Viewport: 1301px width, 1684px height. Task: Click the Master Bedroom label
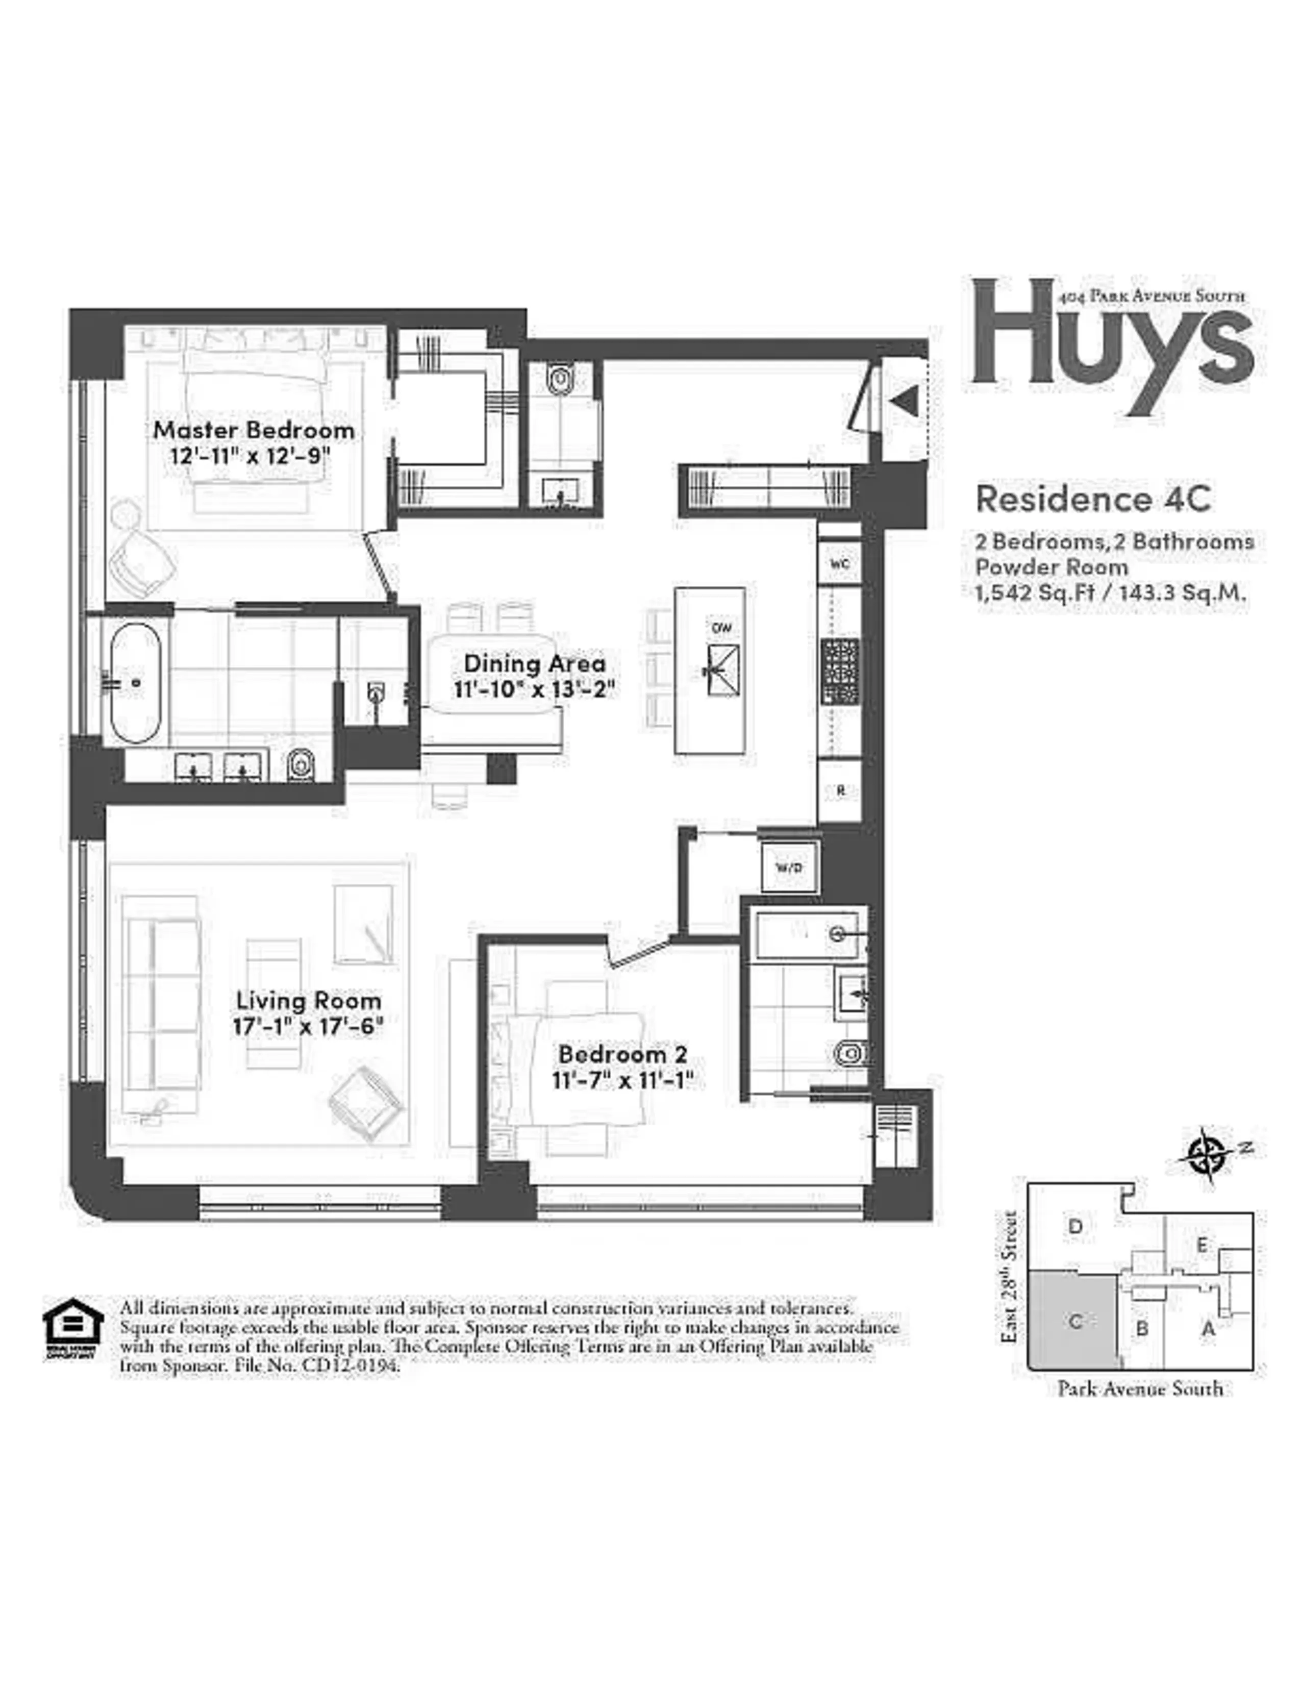254,430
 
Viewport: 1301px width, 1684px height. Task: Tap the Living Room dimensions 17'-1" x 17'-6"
308,1026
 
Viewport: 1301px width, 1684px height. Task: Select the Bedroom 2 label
623,1053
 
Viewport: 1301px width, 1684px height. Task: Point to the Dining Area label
534,663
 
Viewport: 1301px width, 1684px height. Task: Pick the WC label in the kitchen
839,564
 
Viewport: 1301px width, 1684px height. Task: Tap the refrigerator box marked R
840,790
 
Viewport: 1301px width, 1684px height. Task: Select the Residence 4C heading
1093,499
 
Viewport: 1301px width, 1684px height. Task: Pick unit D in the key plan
1076,1226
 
